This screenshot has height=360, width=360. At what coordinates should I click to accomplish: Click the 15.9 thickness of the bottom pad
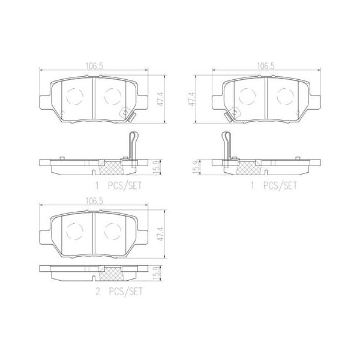click(157, 274)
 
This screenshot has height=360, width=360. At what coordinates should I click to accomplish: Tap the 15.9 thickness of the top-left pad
click(157, 166)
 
